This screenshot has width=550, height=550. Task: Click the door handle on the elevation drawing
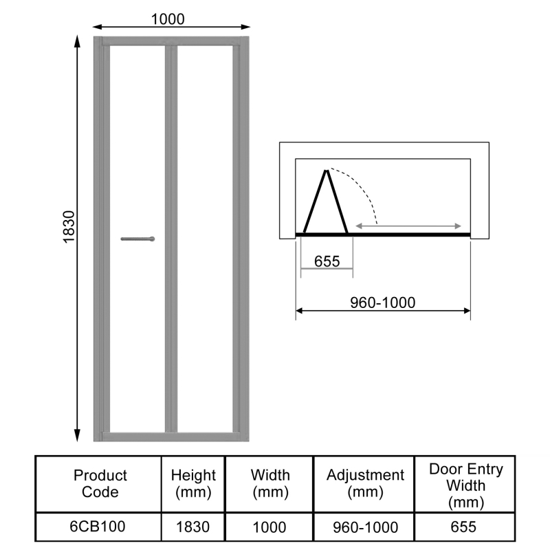[137, 239]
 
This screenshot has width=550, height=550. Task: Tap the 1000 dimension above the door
[167, 19]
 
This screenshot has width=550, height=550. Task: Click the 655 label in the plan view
[327, 261]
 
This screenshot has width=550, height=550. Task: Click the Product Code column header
[100, 483]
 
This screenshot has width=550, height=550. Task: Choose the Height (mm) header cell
[193, 483]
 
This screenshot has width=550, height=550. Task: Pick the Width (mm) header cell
[270, 483]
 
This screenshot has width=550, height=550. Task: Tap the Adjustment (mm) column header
[365, 483]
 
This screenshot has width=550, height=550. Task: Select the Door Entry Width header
[465, 485]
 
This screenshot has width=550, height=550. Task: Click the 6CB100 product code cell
[100, 527]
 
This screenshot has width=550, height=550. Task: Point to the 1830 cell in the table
[193, 527]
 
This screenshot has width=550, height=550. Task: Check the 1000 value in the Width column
[270, 527]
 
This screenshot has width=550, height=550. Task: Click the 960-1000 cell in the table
[365, 527]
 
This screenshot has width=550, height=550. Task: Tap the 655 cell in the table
[465, 527]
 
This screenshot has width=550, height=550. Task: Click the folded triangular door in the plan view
[325, 206]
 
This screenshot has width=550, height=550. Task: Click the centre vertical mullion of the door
[171, 234]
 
